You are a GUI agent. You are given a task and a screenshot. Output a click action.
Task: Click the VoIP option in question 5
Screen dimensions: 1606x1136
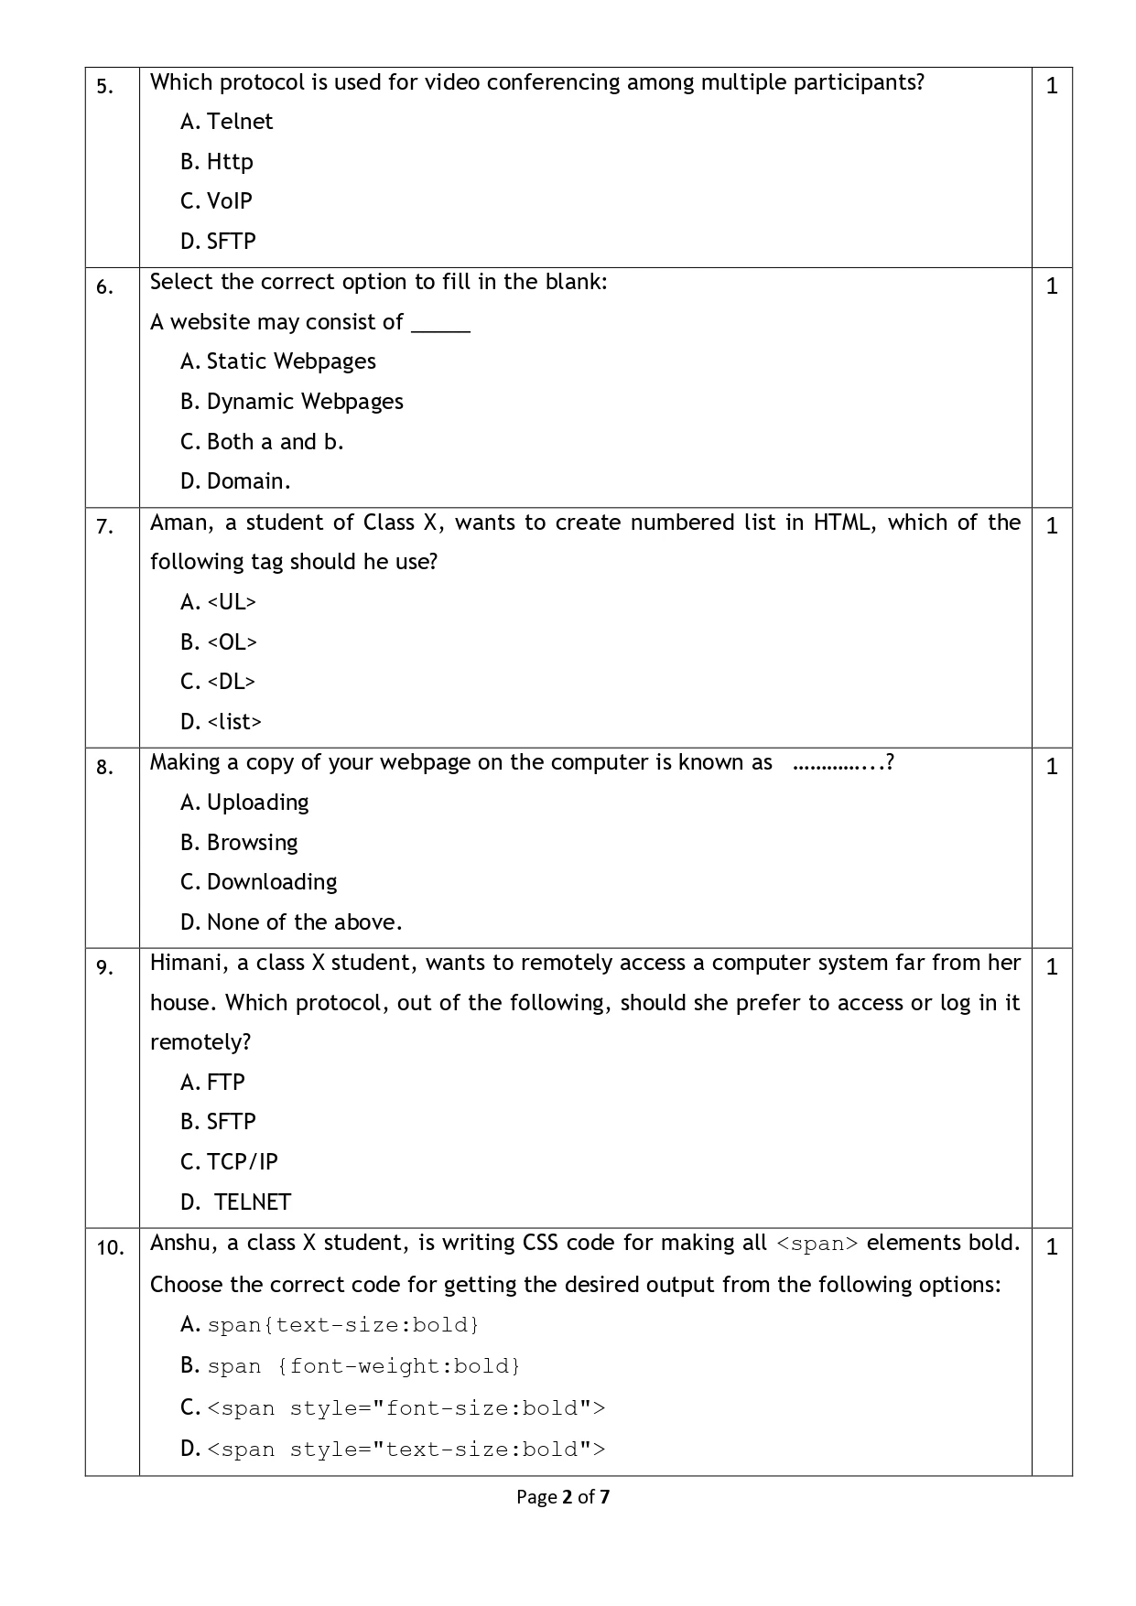pyautogui.click(x=229, y=201)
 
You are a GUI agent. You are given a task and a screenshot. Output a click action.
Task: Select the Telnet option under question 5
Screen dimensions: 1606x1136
pyautogui.click(x=239, y=122)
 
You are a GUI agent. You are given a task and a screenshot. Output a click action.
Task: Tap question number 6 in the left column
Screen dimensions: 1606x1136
pyautogui.click(x=105, y=287)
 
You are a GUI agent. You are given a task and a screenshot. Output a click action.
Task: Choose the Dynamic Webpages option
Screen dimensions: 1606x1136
pyautogui.click(x=304, y=402)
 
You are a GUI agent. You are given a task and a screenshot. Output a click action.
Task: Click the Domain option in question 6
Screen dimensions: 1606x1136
pyautogui.click(x=248, y=481)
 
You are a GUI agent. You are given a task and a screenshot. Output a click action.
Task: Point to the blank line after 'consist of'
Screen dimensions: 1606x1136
pyautogui.click(x=440, y=326)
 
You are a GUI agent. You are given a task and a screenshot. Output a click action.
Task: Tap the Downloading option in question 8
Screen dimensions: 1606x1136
pyautogui.click(x=271, y=882)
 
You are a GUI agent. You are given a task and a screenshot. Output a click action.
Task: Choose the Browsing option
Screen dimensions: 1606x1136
pyautogui.click(x=252, y=843)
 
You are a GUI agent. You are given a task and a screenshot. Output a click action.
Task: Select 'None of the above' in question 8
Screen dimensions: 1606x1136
pyautogui.click(x=304, y=922)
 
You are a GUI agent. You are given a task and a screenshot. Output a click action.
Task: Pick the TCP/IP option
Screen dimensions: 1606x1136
pyautogui.click(x=242, y=1162)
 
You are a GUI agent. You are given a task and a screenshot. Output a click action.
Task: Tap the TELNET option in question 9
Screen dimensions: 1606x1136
pyautogui.click(x=252, y=1202)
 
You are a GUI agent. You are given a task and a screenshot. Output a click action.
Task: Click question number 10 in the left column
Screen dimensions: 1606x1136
pyautogui.click(x=110, y=1247)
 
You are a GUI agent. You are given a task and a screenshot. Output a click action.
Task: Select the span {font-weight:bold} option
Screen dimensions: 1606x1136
pyautogui.click(x=363, y=1366)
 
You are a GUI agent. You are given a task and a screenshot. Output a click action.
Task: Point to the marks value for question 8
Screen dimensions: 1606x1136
pyautogui.click(x=1052, y=766)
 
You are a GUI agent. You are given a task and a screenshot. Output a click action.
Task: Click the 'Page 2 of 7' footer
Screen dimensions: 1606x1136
pyautogui.click(x=563, y=1497)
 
